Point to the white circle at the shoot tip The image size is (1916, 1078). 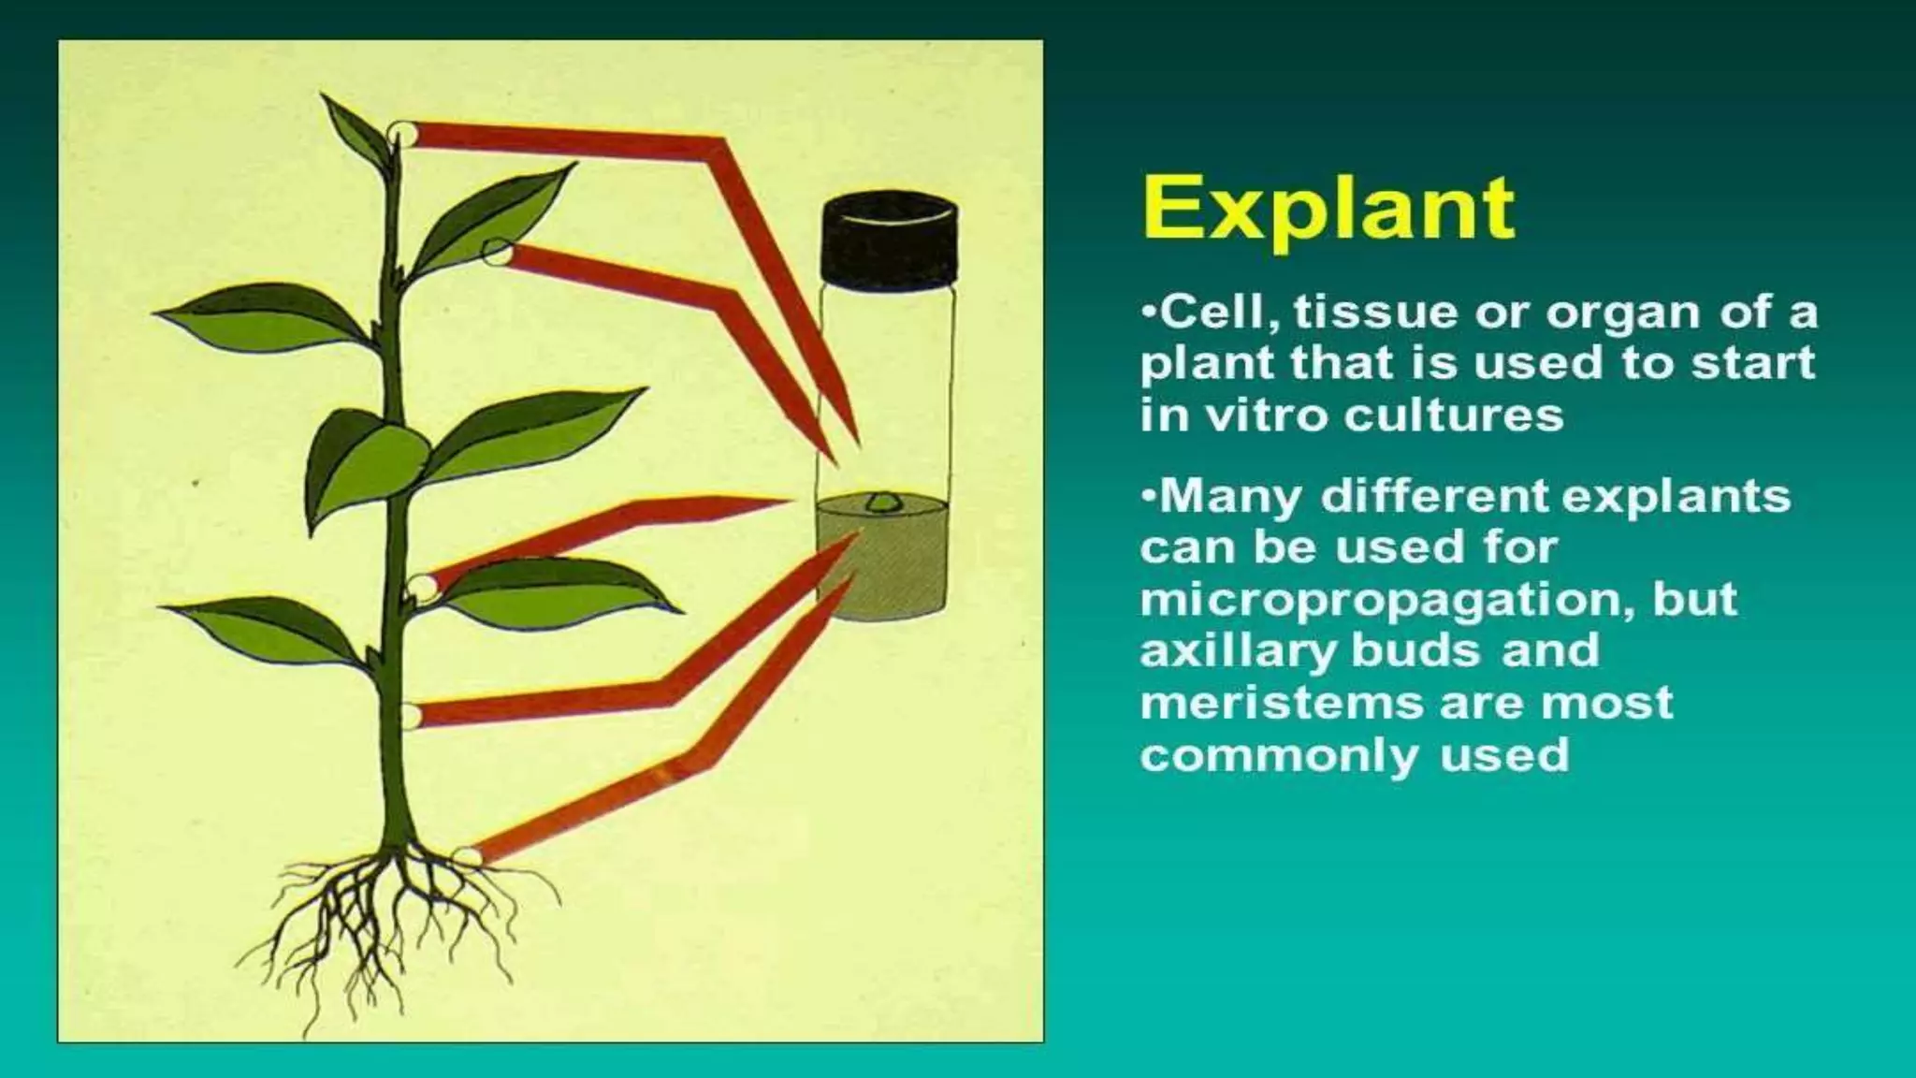click(403, 133)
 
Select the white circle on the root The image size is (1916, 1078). click(467, 855)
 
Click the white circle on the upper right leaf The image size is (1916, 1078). click(496, 252)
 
